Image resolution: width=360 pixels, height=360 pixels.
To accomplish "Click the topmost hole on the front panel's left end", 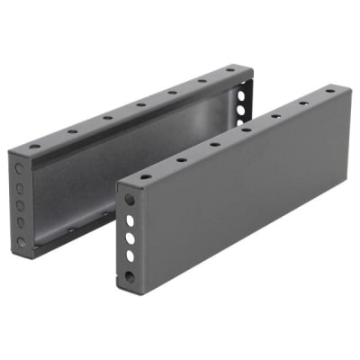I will pyautogui.click(x=130, y=200).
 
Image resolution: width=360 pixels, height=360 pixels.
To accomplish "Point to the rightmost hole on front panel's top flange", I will pyautogui.click(x=329, y=91).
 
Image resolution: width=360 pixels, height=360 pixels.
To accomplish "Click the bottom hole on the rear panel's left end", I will pyautogui.click(x=21, y=241).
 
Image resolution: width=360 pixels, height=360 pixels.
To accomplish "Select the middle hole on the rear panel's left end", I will pyautogui.click(x=21, y=204).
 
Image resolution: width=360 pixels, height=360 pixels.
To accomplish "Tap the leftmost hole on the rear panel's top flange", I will pyautogui.click(x=34, y=147).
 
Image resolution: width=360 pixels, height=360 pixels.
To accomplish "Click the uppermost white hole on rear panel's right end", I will pyautogui.click(x=244, y=88).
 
